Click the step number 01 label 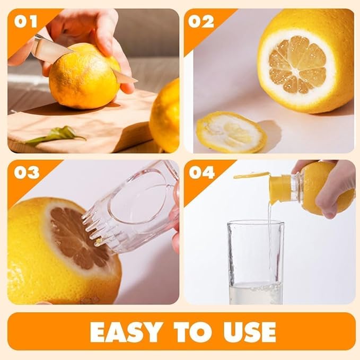pyautogui.click(x=26, y=22)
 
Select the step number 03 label pyautogui.click(x=27, y=172)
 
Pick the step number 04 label pyautogui.click(x=202, y=172)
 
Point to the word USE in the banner pyautogui.click(x=247, y=332)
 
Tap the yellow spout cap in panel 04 pyautogui.click(x=280, y=188)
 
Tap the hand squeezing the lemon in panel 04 pyautogui.click(x=334, y=186)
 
